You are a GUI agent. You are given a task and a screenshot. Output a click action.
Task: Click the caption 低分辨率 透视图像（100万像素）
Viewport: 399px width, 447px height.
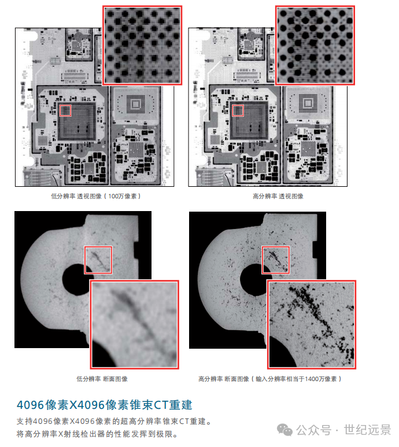coord(95,196)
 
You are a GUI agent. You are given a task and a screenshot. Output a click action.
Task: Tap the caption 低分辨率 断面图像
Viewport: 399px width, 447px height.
coord(102,379)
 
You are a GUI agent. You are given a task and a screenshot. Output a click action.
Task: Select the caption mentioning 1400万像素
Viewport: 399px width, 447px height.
coord(270,379)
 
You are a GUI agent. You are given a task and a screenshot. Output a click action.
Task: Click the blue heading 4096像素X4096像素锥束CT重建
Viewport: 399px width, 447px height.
coord(104,404)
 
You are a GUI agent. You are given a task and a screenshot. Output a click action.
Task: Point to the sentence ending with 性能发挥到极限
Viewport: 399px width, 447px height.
coord(98,434)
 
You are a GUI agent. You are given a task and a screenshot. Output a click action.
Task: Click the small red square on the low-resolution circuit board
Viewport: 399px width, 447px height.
coord(65,110)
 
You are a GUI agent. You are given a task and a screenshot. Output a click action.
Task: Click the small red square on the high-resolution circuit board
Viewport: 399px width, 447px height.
coord(238,110)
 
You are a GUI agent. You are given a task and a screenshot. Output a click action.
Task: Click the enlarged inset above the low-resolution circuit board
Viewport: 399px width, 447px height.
coord(142,45)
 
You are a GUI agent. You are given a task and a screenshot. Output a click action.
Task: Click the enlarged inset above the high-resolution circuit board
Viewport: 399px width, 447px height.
coord(315,45)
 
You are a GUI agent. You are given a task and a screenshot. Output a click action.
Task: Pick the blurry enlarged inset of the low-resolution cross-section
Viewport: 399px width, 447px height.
coord(135,324)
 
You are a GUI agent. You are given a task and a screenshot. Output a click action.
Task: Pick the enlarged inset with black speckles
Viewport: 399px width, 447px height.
coord(311,324)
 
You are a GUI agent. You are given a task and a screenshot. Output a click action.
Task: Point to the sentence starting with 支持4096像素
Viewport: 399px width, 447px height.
coord(113,421)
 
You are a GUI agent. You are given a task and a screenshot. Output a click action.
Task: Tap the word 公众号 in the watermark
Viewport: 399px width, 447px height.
coord(318,430)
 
